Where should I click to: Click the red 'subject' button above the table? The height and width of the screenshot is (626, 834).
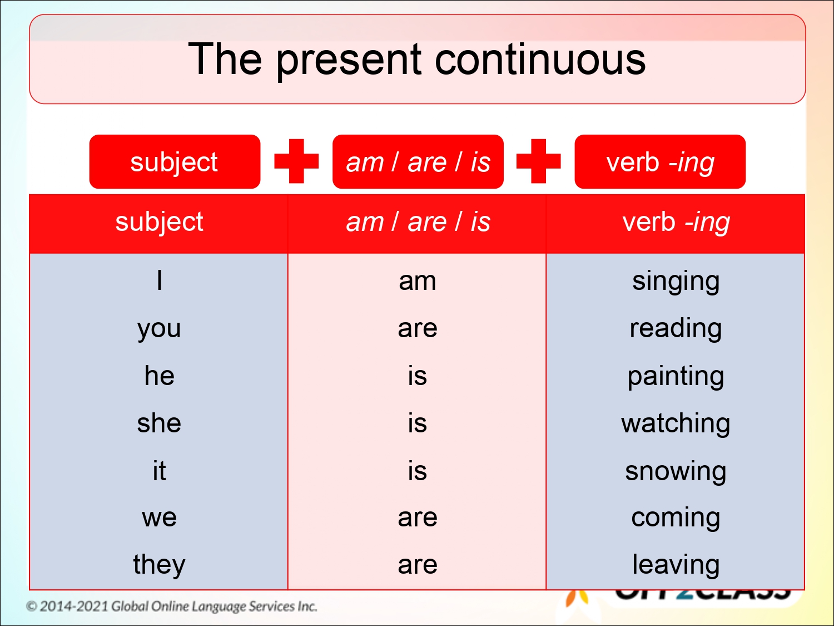tap(174, 162)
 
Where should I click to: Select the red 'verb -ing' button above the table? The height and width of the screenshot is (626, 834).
tap(660, 162)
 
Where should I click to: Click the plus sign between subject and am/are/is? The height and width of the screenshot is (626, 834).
tap(296, 161)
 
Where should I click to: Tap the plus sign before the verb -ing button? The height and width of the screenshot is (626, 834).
tap(538, 161)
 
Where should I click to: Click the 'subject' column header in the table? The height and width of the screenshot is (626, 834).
tap(159, 221)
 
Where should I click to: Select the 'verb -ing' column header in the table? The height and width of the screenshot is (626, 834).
tap(676, 222)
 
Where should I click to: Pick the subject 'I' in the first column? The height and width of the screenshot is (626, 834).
tap(160, 280)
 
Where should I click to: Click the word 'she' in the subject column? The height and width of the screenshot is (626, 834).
tap(159, 423)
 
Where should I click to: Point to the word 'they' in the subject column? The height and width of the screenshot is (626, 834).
tap(159, 565)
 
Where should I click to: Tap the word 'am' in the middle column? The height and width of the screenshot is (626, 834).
tap(417, 281)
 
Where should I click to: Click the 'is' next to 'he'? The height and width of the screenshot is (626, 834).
tap(417, 376)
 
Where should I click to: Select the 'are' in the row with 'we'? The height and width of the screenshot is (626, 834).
tap(417, 517)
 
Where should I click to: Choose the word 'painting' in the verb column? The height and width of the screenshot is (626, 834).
tap(676, 377)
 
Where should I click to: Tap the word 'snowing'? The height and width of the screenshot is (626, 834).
tap(676, 471)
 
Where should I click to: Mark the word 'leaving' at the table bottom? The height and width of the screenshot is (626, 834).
tap(676, 565)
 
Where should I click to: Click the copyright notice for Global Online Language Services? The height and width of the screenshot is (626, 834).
tap(172, 606)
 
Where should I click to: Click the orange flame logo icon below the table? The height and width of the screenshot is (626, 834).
tap(577, 598)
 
